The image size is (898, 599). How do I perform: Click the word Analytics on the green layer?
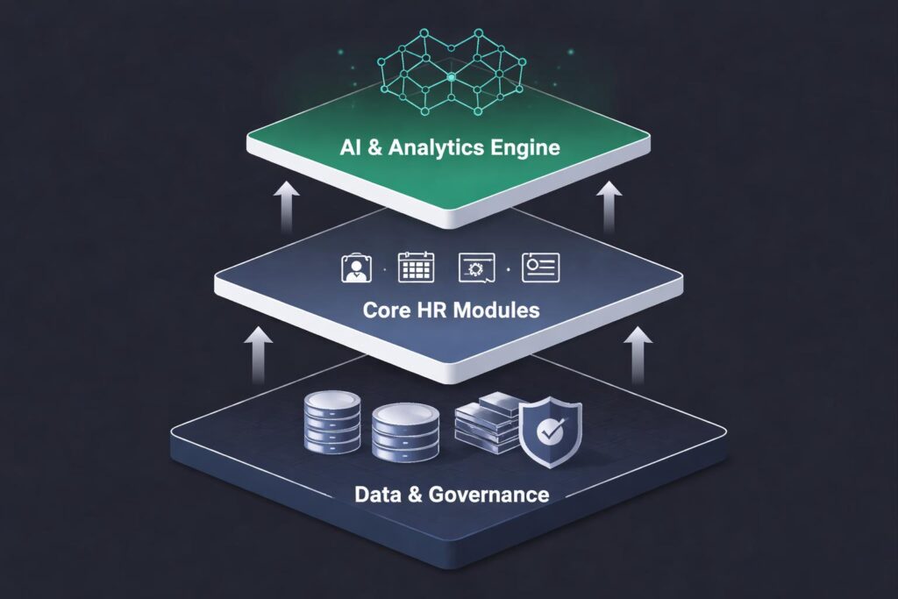[x=431, y=147]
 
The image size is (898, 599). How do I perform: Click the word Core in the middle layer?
[x=384, y=310]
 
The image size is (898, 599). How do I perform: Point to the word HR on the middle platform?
[x=432, y=310]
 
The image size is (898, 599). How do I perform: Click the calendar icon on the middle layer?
[x=416, y=267]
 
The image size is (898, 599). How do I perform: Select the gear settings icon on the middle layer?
[x=476, y=268]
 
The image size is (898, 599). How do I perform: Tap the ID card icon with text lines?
[x=540, y=267]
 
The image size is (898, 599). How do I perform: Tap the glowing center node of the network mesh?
[x=451, y=78]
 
